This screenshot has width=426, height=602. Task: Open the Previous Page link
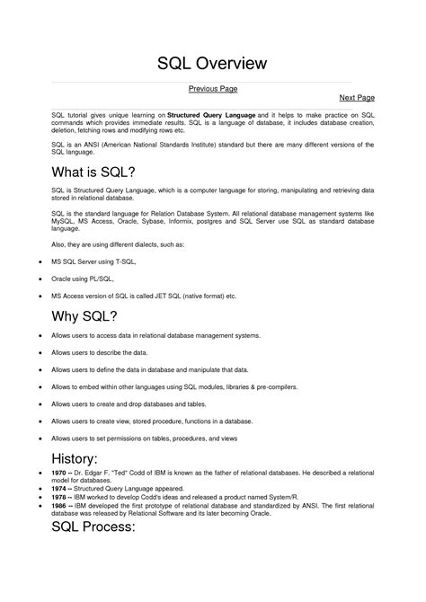point(212,88)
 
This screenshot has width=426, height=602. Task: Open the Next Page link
point(356,96)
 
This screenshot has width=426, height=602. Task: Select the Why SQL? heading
point(84,315)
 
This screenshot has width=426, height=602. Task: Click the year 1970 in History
point(60,472)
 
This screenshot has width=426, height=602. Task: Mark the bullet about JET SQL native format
point(144,295)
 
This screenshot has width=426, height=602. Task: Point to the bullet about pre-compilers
point(174,386)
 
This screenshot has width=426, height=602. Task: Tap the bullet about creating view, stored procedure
point(150,421)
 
